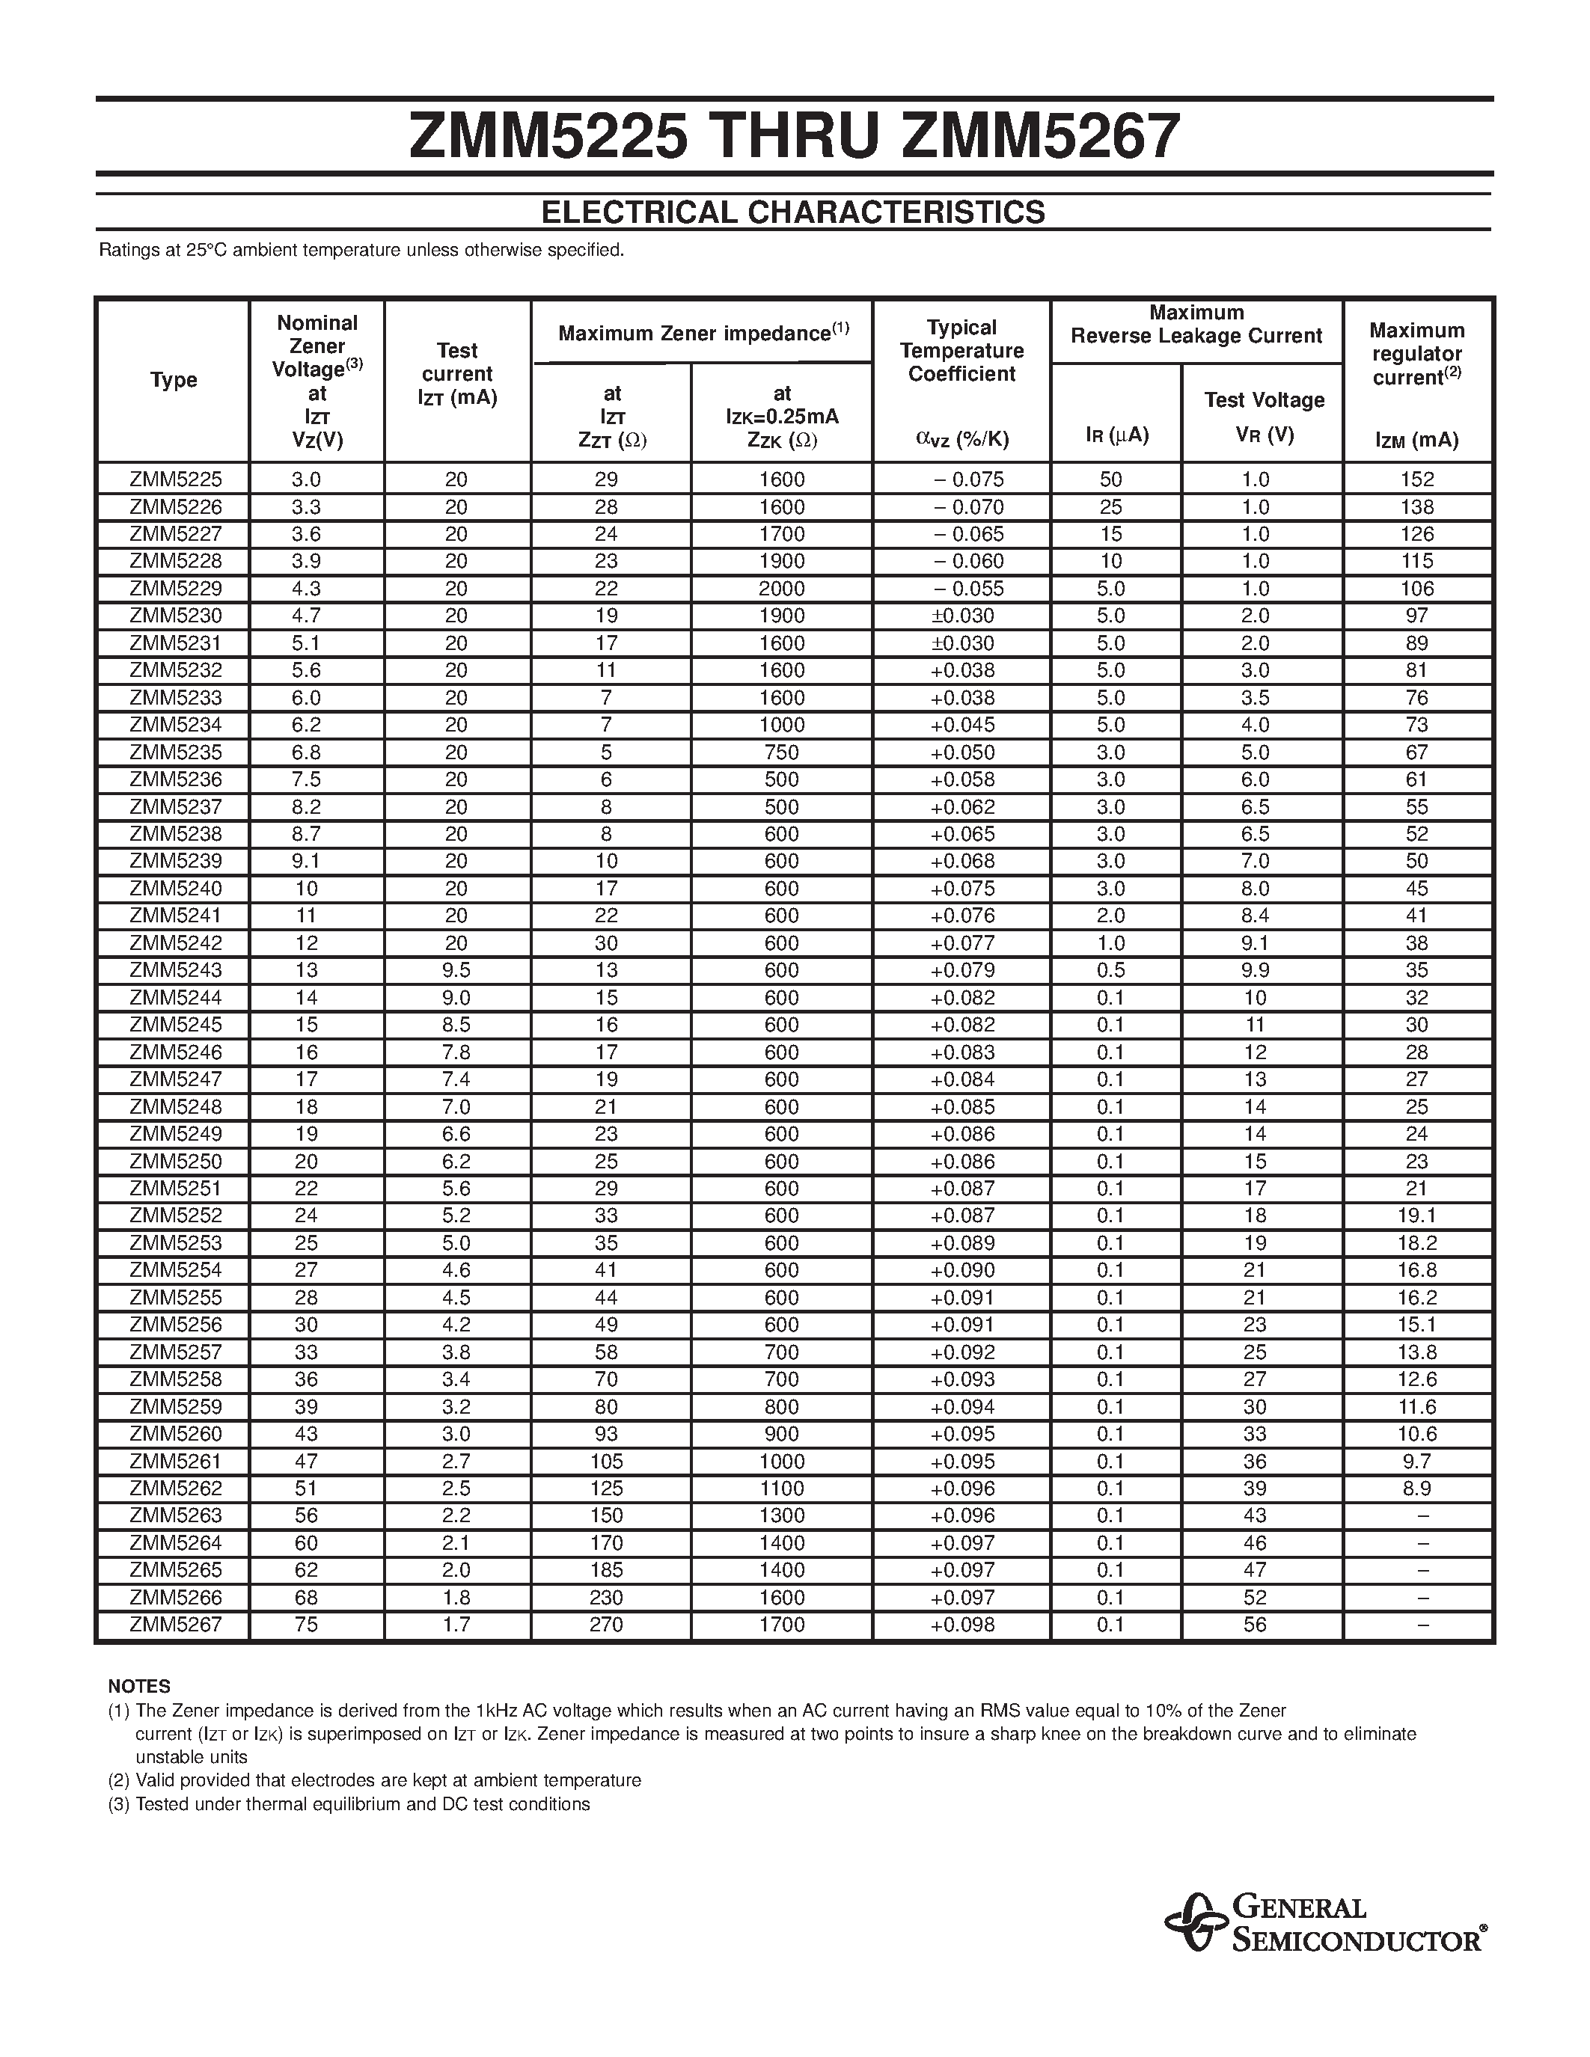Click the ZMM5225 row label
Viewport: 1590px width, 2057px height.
175,479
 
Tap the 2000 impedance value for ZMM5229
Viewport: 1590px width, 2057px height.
781,589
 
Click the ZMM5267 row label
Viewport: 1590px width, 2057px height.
175,1624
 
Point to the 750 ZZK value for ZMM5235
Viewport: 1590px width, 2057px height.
781,752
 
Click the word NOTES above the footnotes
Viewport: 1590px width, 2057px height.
139,1686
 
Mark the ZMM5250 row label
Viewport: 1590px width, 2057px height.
175,1162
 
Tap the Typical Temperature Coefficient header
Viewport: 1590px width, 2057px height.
961,350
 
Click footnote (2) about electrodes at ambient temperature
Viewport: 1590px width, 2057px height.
375,1780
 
